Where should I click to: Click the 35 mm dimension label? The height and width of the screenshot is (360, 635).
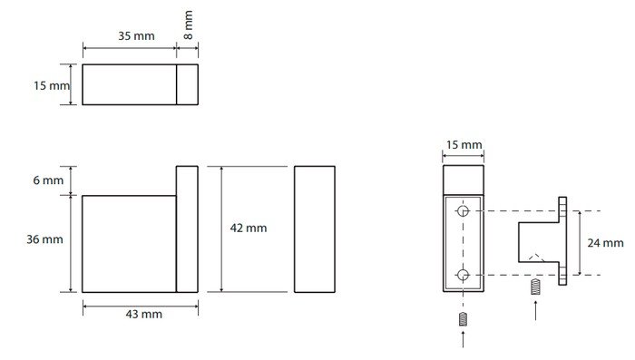[136, 36]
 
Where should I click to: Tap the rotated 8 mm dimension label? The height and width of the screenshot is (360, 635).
[189, 25]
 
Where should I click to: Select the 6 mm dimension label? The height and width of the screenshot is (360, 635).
[48, 180]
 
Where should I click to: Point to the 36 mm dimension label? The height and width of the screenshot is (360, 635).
[44, 239]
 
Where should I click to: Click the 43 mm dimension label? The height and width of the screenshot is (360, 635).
[143, 315]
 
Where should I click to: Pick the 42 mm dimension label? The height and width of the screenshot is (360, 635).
[249, 228]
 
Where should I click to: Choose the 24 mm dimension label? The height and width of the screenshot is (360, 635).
[605, 243]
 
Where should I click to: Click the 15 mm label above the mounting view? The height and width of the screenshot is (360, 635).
[464, 144]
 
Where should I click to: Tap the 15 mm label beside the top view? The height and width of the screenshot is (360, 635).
[52, 86]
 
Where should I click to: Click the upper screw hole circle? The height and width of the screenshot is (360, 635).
[463, 211]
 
